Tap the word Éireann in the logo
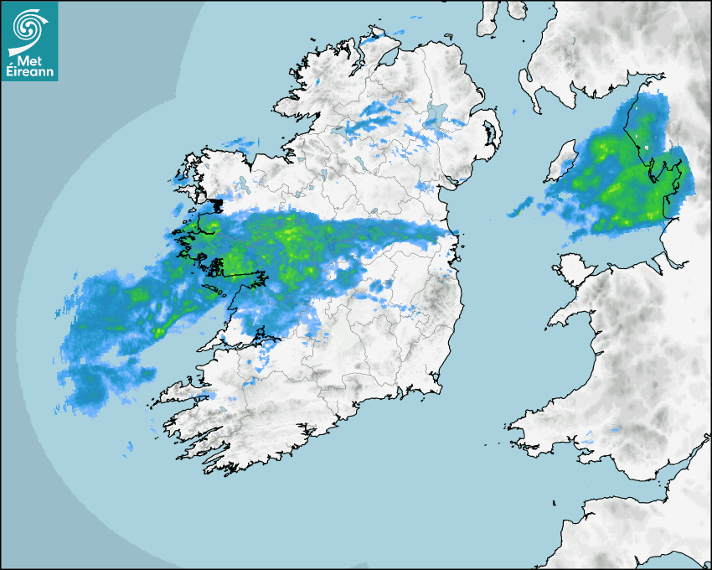29,73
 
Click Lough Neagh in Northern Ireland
436,115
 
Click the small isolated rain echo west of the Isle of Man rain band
520,206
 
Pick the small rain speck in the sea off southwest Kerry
129,447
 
